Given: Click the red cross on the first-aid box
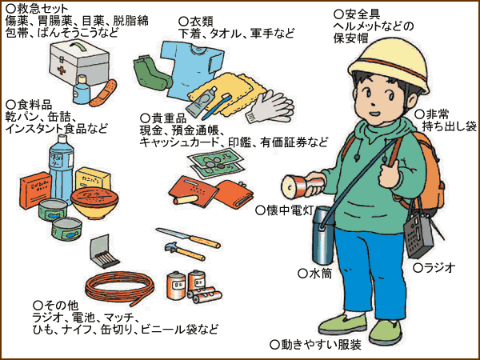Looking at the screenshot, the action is [x=62, y=70].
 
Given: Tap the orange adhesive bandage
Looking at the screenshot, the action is [x=103, y=94].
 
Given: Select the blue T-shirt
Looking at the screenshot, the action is [x=192, y=70].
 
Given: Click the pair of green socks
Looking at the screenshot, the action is [x=152, y=73].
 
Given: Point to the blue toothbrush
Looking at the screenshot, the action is [x=216, y=106].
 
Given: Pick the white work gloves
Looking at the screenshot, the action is [x=270, y=106].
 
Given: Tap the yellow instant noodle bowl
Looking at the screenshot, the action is [x=94, y=202].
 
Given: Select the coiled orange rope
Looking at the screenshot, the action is [x=119, y=288].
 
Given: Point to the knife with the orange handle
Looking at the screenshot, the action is [x=188, y=238].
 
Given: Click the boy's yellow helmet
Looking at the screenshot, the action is [x=389, y=65].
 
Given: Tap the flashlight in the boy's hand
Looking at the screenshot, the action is [x=302, y=185].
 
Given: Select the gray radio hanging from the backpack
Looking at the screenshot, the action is [x=418, y=234].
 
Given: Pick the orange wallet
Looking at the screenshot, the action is [x=234, y=194].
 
